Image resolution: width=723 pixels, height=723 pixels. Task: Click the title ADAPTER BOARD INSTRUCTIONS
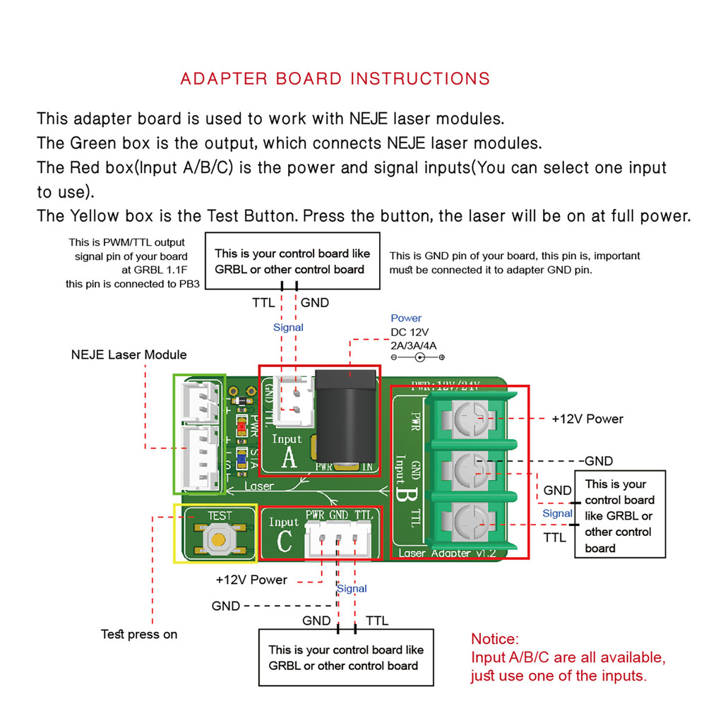(x=335, y=78)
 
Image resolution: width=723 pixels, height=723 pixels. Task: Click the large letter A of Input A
(x=289, y=459)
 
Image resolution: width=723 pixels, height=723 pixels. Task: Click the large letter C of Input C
(x=284, y=542)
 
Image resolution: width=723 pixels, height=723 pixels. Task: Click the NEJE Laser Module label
(x=129, y=354)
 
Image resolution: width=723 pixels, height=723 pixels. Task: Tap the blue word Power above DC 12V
(x=406, y=318)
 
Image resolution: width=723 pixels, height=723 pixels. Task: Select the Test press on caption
(x=139, y=634)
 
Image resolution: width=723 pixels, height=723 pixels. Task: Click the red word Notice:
(x=495, y=640)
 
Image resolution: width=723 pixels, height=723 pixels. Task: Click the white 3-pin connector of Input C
(x=337, y=544)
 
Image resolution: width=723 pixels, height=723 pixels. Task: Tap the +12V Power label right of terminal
(x=587, y=419)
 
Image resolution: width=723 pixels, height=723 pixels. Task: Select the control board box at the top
(x=292, y=261)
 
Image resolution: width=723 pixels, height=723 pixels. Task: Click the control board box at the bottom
(x=346, y=657)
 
